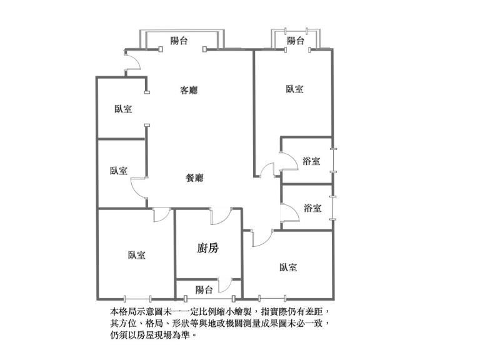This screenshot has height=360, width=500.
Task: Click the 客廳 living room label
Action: point(189,90)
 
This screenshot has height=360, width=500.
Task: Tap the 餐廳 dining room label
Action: point(195,177)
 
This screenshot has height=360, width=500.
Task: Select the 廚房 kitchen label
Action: point(207,248)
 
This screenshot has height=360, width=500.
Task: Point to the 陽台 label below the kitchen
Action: point(204,290)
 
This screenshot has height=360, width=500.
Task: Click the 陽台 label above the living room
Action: point(179,41)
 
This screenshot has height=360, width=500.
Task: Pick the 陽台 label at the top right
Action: point(296,41)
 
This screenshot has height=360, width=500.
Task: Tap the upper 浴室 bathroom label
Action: point(311,161)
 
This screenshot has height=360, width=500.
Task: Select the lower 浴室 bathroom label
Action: point(312,208)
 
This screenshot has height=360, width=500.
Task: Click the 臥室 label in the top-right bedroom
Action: point(294,89)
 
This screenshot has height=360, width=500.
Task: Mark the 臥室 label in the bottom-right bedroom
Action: point(288,267)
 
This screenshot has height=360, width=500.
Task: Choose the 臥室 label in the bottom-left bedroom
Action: point(137,255)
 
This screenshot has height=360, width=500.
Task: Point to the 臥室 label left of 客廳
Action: point(123,109)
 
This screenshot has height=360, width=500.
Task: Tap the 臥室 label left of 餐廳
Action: point(118,171)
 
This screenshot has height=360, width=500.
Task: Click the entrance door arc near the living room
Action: point(132,61)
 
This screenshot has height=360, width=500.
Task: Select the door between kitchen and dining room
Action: point(219,216)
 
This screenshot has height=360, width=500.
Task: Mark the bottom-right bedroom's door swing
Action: point(261,236)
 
